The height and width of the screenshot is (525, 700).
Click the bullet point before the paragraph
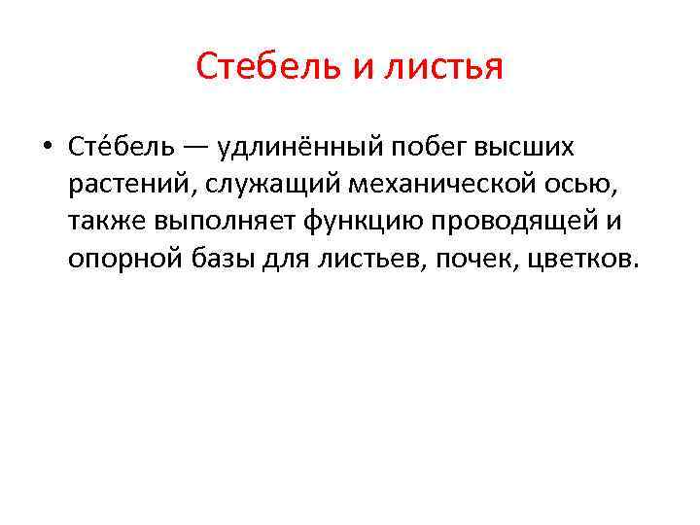click(47, 148)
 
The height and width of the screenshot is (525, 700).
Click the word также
click(105, 223)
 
